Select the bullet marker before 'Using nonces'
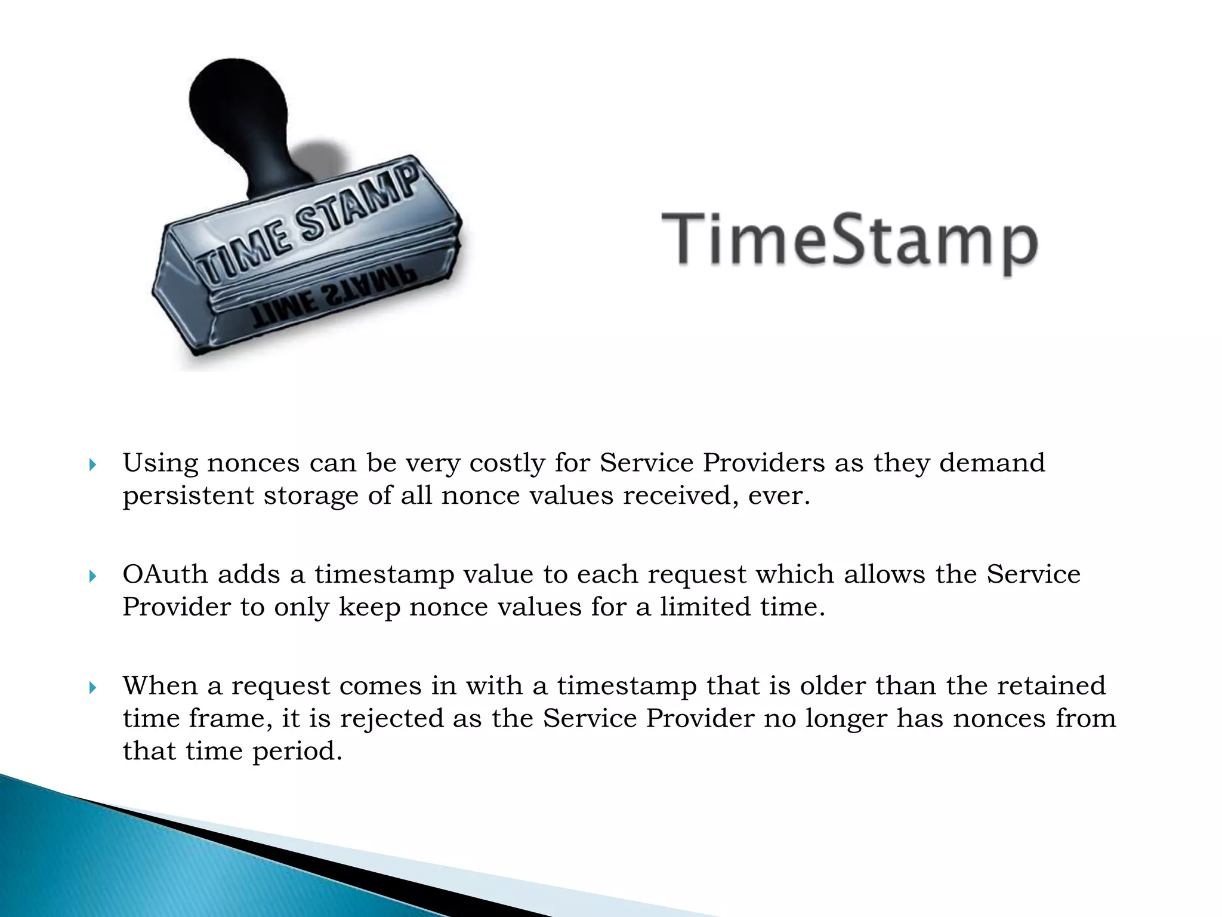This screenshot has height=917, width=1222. (x=92, y=464)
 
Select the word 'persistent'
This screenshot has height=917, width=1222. (x=188, y=496)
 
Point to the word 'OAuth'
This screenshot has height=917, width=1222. (x=165, y=574)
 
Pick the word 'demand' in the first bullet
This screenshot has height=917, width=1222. (x=992, y=463)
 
